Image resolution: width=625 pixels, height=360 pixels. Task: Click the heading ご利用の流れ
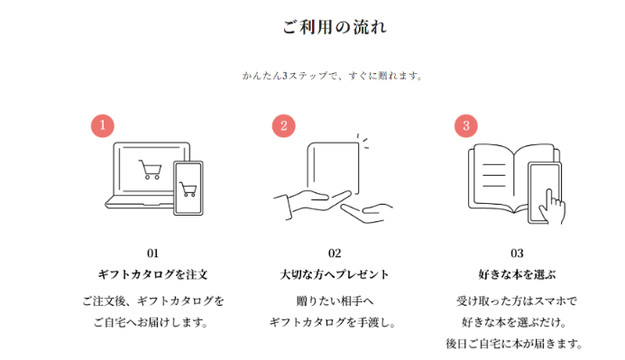(x=335, y=27)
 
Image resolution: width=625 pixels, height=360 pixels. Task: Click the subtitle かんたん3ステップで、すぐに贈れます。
(x=333, y=76)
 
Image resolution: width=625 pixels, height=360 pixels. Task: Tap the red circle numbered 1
(x=103, y=125)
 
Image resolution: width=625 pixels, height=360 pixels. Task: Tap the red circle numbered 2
(x=284, y=126)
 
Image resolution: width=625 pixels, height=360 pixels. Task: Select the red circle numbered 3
(x=466, y=126)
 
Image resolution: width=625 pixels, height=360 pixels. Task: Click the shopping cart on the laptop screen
(x=151, y=169)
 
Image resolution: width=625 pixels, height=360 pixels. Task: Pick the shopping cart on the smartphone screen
(x=188, y=189)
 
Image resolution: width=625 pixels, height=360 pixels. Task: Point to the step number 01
(x=152, y=254)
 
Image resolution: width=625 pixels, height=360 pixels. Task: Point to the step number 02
(x=335, y=254)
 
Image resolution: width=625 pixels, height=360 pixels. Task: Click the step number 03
(x=517, y=254)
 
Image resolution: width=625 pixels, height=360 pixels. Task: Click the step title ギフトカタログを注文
(x=152, y=274)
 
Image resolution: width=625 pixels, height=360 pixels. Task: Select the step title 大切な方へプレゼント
(x=334, y=274)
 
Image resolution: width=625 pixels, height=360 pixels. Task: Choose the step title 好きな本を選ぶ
(x=517, y=274)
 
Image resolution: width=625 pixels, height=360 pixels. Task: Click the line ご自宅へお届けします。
(x=152, y=322)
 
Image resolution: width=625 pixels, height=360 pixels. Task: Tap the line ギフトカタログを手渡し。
(x=333, y=322)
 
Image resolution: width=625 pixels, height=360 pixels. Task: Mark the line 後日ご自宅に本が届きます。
(x=515, y=343)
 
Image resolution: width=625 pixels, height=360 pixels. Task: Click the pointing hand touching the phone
(x=553, y=208)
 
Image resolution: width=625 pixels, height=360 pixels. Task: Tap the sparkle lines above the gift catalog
(x=363, y=142)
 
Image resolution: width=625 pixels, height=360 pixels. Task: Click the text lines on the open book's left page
(x=494, y=175)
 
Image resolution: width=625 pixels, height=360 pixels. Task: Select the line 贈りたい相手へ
(x=335, y=300)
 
